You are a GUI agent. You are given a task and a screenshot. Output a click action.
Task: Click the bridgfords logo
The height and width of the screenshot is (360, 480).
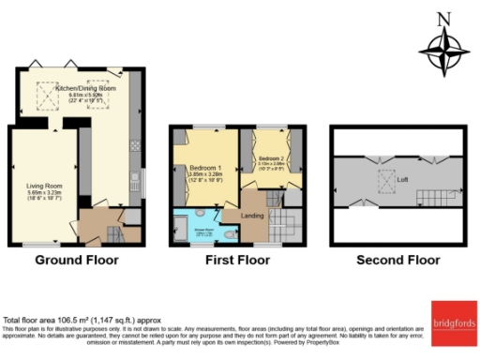454,324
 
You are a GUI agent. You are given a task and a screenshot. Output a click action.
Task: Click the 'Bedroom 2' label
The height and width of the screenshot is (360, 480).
272,158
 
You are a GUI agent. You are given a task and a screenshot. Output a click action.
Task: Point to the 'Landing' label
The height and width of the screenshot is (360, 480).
253,217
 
